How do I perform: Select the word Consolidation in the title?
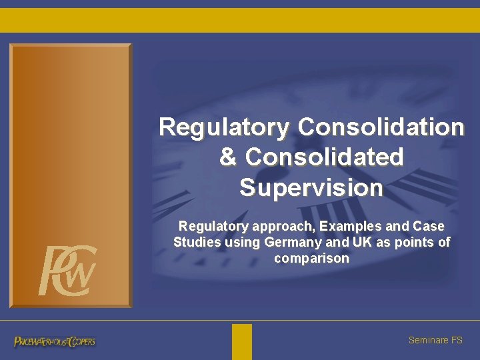381,127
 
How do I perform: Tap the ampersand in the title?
228,157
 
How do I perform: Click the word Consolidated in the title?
325,157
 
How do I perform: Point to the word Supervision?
311,188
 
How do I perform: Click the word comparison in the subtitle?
311,258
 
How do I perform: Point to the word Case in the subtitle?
429,227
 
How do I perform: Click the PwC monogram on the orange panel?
67,270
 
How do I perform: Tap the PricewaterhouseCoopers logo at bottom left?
55,341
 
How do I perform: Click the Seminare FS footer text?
435,340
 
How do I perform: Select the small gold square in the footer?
242,341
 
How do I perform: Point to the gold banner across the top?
240,20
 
